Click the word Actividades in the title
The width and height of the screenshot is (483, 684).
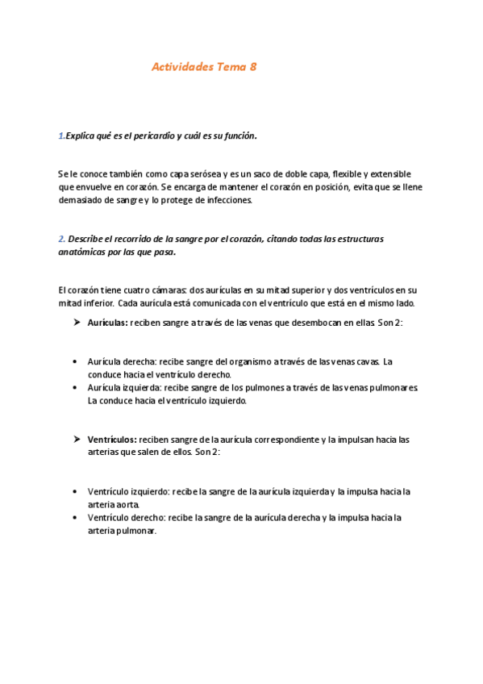(x=182, y=68)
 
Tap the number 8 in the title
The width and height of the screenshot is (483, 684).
(x=253, y=68)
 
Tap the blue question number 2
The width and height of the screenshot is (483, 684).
(x=61, y=239)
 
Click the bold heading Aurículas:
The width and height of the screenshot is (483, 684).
(x=107, y=323)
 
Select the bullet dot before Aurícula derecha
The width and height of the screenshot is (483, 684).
(x=75, y=362)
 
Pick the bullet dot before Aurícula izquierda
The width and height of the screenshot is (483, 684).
(x=75, y=388)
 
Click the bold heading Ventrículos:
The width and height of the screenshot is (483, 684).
(x=112, y=440)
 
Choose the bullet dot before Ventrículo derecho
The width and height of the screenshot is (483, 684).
(x=75, y=518)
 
